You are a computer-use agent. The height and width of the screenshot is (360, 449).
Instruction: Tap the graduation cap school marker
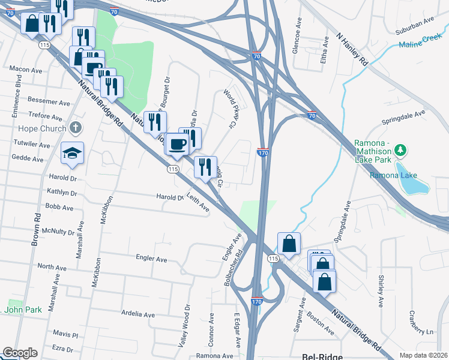click(x=72, y=154)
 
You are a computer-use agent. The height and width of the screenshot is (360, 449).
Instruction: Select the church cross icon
click(x=75, y=127)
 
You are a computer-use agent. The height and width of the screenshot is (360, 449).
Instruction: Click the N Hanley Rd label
click(x=352, y=49)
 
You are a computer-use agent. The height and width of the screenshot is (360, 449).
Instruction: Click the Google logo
click(x=20, y=353)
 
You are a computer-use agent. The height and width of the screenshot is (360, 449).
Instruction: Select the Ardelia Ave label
click(x=138, y=314)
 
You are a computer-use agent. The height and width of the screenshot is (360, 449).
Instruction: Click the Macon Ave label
click(x=25, y=69)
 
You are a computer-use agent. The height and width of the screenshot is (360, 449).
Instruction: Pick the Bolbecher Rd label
click(x=234, y=268)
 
